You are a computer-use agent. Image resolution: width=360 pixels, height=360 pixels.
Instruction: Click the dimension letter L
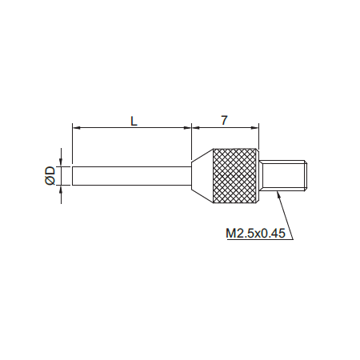(134, 120)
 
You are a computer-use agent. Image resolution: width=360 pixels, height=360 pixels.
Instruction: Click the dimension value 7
(225, 120)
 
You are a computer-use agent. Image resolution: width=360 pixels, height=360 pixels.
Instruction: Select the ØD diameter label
(50, 175)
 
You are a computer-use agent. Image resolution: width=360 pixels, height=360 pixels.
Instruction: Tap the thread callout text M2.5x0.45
(255, 234)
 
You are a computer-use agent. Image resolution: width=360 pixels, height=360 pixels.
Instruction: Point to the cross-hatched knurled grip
(237, 175)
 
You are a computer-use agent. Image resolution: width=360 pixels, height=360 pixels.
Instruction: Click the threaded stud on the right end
(285, 175)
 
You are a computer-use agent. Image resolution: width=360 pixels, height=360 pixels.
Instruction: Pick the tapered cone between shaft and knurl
(202, 175)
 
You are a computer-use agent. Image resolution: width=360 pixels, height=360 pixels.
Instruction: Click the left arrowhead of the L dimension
(76, 127)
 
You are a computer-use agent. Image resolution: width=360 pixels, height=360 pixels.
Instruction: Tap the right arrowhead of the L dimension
(188, 127)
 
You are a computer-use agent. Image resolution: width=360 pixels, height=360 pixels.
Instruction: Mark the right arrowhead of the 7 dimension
(257, 127)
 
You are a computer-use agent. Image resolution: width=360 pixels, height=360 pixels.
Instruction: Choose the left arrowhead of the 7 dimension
(196, 127)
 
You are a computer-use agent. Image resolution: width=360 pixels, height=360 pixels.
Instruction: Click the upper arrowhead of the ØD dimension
(61, 161)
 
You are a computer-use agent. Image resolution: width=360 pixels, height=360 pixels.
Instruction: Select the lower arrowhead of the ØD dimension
(61, 190)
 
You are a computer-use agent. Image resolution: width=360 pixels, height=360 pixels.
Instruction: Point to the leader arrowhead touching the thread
(277, 194)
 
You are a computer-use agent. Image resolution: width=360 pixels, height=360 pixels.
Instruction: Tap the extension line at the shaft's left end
(72, 144)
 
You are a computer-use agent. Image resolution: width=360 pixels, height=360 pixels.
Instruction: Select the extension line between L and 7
(192, 140)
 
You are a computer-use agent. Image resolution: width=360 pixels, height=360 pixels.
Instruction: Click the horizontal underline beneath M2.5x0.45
(256, 240)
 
